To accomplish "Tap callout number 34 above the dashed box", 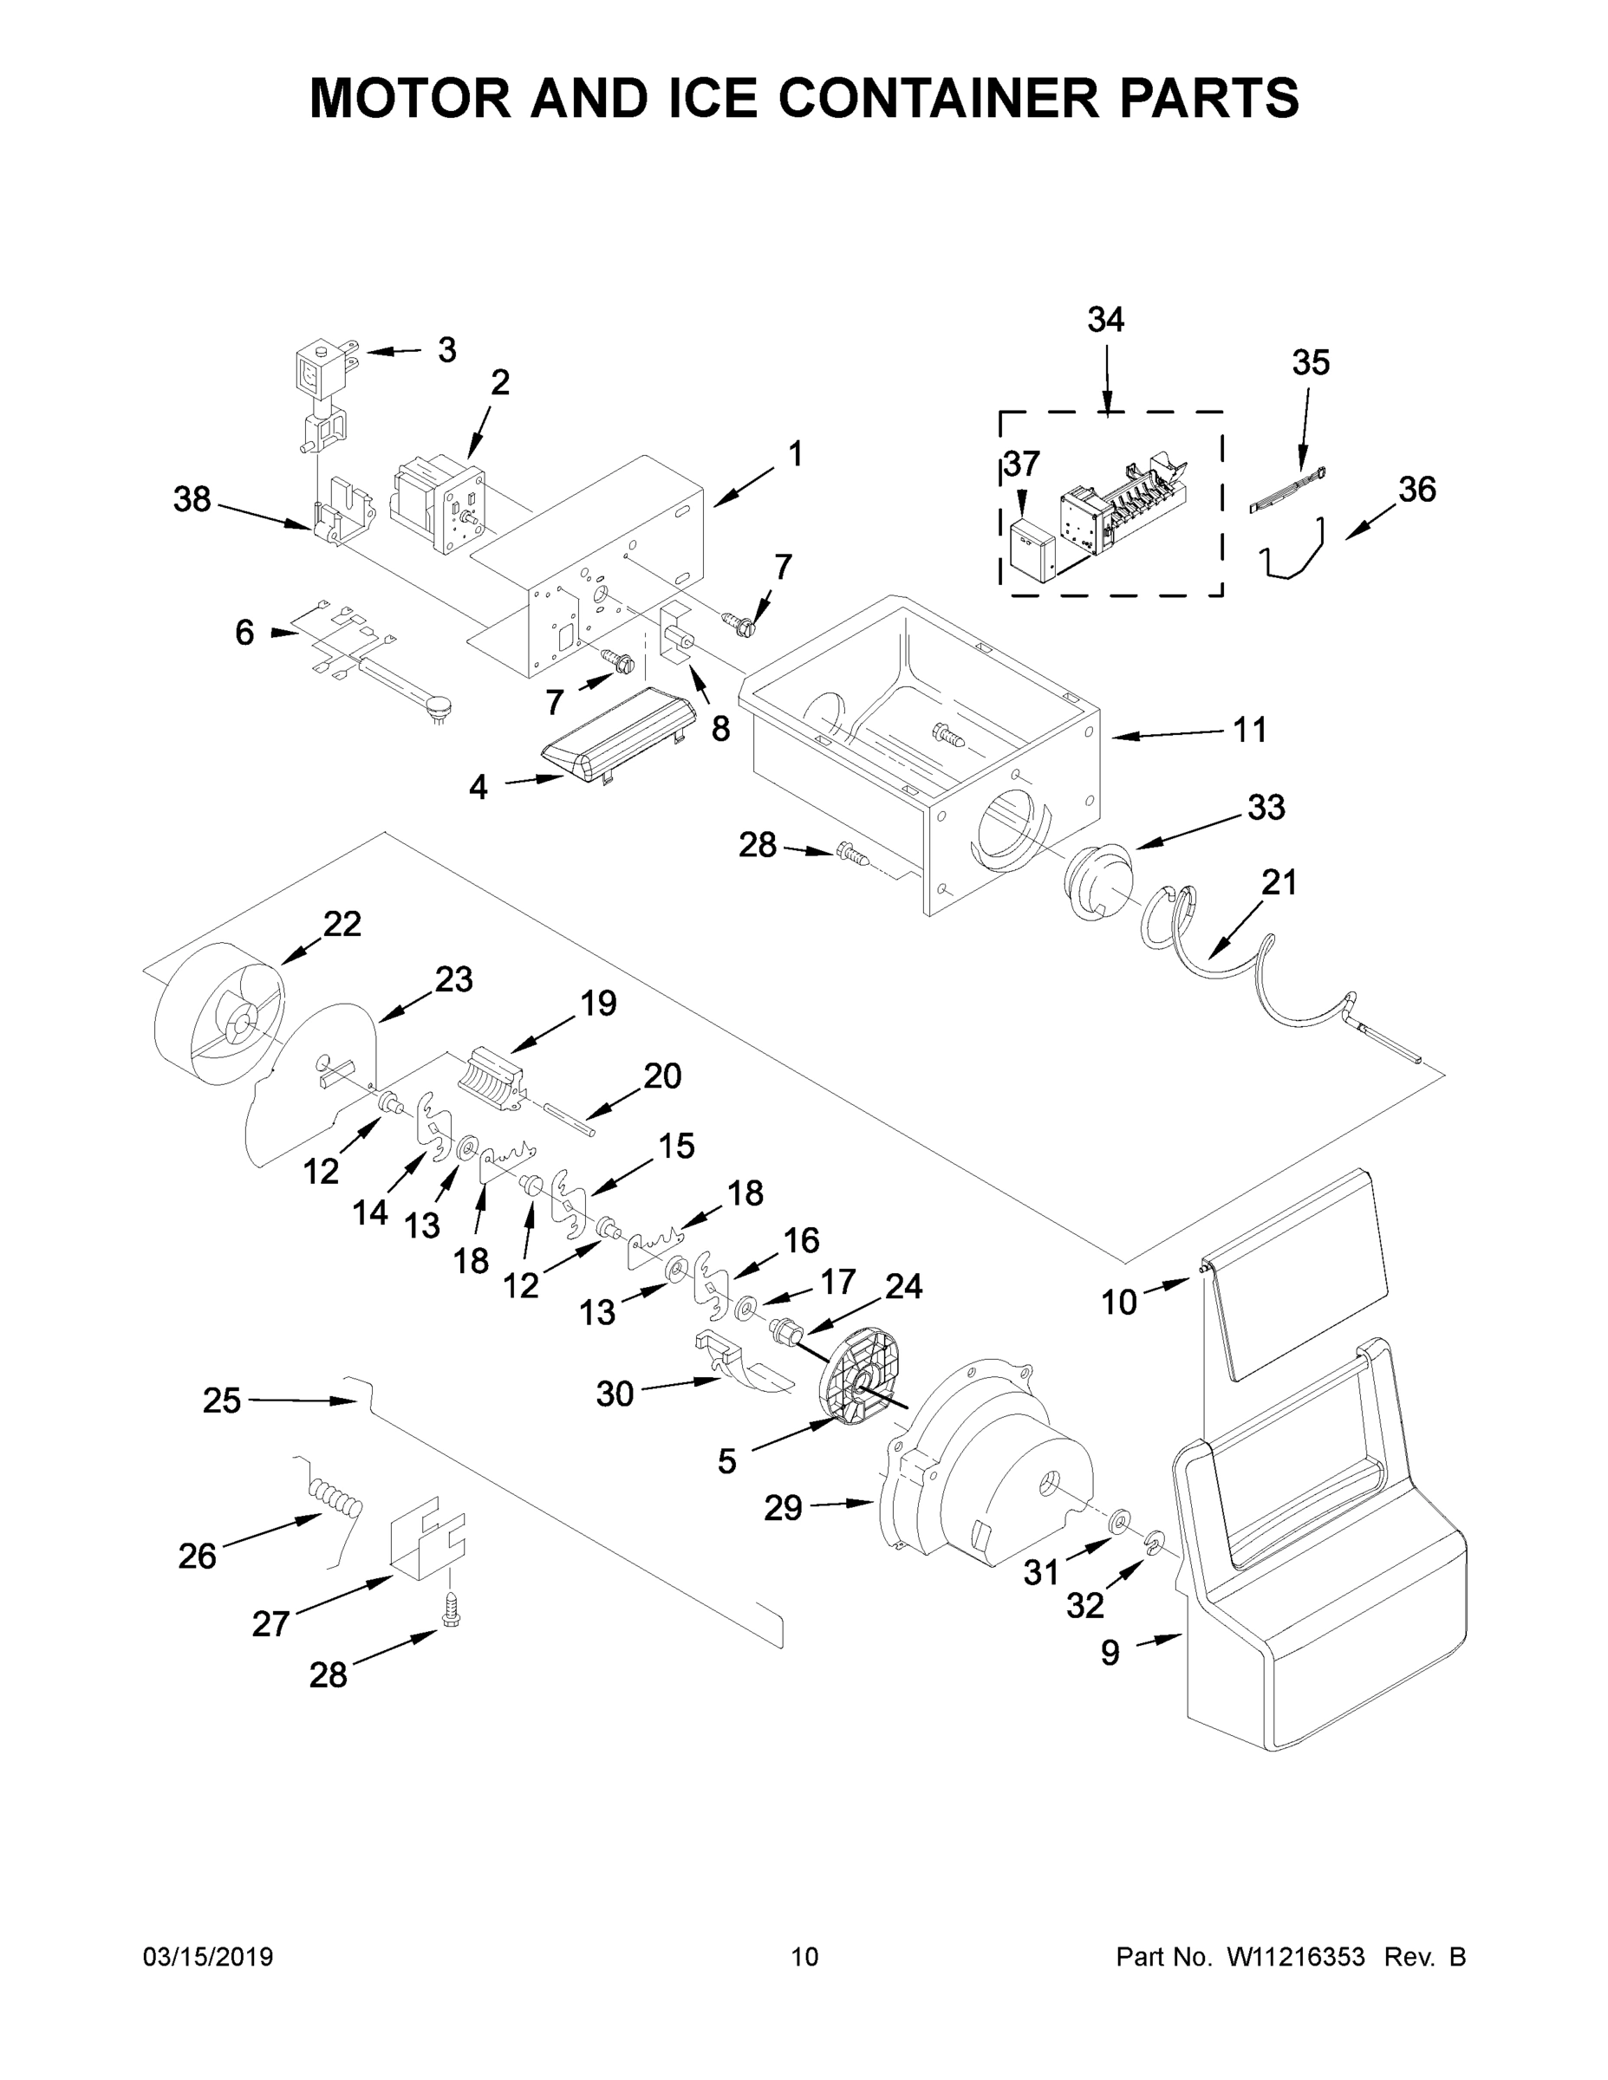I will tap(1105, 320).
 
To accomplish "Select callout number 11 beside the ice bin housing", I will tap(1250, 731).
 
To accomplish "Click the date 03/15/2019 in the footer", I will tap(208, 1957).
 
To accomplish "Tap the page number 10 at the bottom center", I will tap(804, 1957).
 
